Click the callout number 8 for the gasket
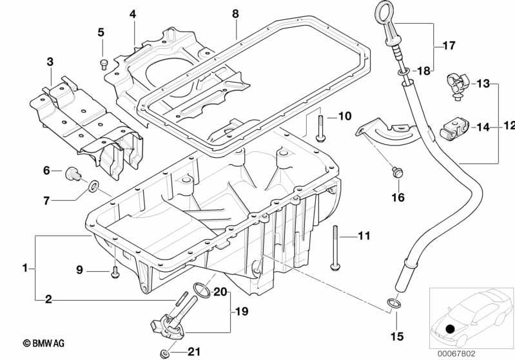(x=235, y=14)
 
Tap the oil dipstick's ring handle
(x=382, y=10)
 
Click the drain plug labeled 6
(x=73, y=174)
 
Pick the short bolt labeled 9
(x=115, y=272)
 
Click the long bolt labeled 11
(x=335, y=248)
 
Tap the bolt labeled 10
(x=320, y=129)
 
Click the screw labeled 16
(x=398, y=173)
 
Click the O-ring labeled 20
(x=202, y=290)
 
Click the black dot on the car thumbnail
(x=451, y=329)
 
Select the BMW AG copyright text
(x=43, y=343)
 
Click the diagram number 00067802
(x=456, y=354)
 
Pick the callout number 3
(x=50, y=61)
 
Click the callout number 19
(x=242, y=312)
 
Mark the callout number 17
(x=449, y=45)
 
